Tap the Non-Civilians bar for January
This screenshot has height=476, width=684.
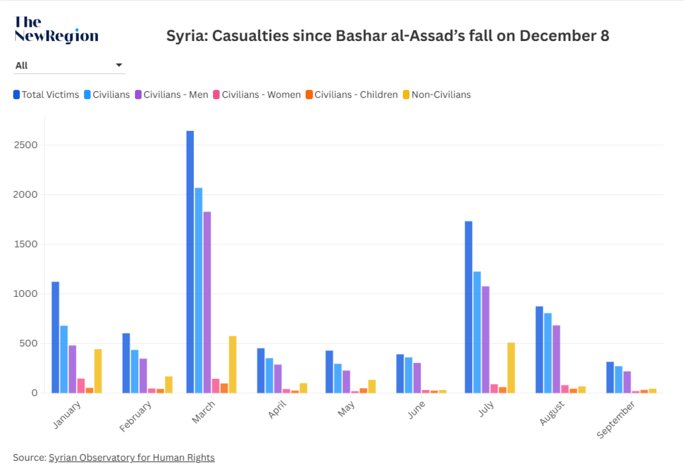98,371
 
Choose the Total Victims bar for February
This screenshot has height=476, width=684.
126,363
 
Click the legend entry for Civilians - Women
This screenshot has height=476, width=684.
257,95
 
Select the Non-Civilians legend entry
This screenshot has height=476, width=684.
437,95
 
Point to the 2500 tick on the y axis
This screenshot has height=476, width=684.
26,145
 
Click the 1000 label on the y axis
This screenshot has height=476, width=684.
26,294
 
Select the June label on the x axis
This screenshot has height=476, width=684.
416,410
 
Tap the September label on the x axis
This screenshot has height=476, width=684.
616,419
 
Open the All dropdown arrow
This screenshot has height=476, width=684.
119,65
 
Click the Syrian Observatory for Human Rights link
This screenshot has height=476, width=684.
131,457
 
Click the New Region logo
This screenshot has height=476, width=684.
56,29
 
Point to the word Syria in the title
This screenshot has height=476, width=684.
186,36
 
